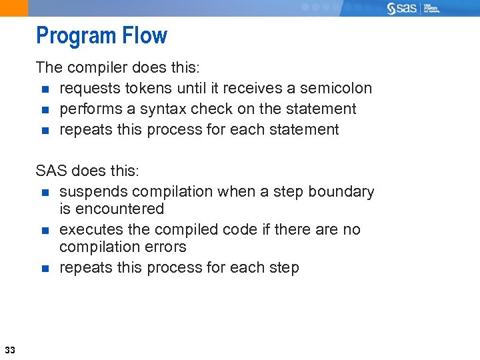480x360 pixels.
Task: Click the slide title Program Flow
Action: (101, 35)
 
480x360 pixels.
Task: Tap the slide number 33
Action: (10, 350)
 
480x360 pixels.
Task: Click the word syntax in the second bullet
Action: (161, 109)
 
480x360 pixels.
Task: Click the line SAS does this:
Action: (87, 171)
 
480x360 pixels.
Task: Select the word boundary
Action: (343, 191)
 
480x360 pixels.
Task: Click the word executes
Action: (90, 229)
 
